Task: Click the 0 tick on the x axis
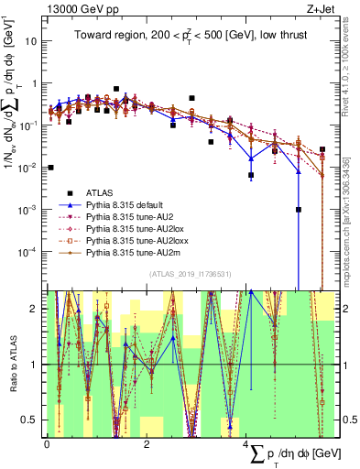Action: pos(47,443)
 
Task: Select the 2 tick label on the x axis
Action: pos(147,443)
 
